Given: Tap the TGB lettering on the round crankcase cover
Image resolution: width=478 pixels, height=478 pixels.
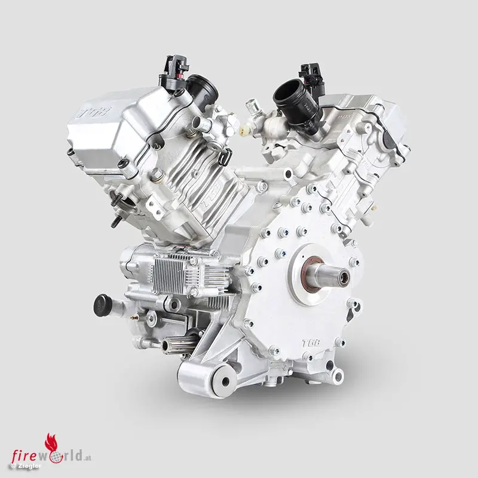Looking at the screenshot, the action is (311, 343).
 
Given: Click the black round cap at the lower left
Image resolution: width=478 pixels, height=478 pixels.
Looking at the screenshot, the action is (102, 305).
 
